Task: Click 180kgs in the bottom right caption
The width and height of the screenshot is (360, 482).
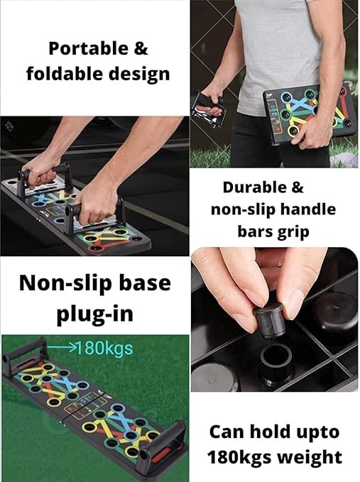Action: (x=241, y=456)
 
